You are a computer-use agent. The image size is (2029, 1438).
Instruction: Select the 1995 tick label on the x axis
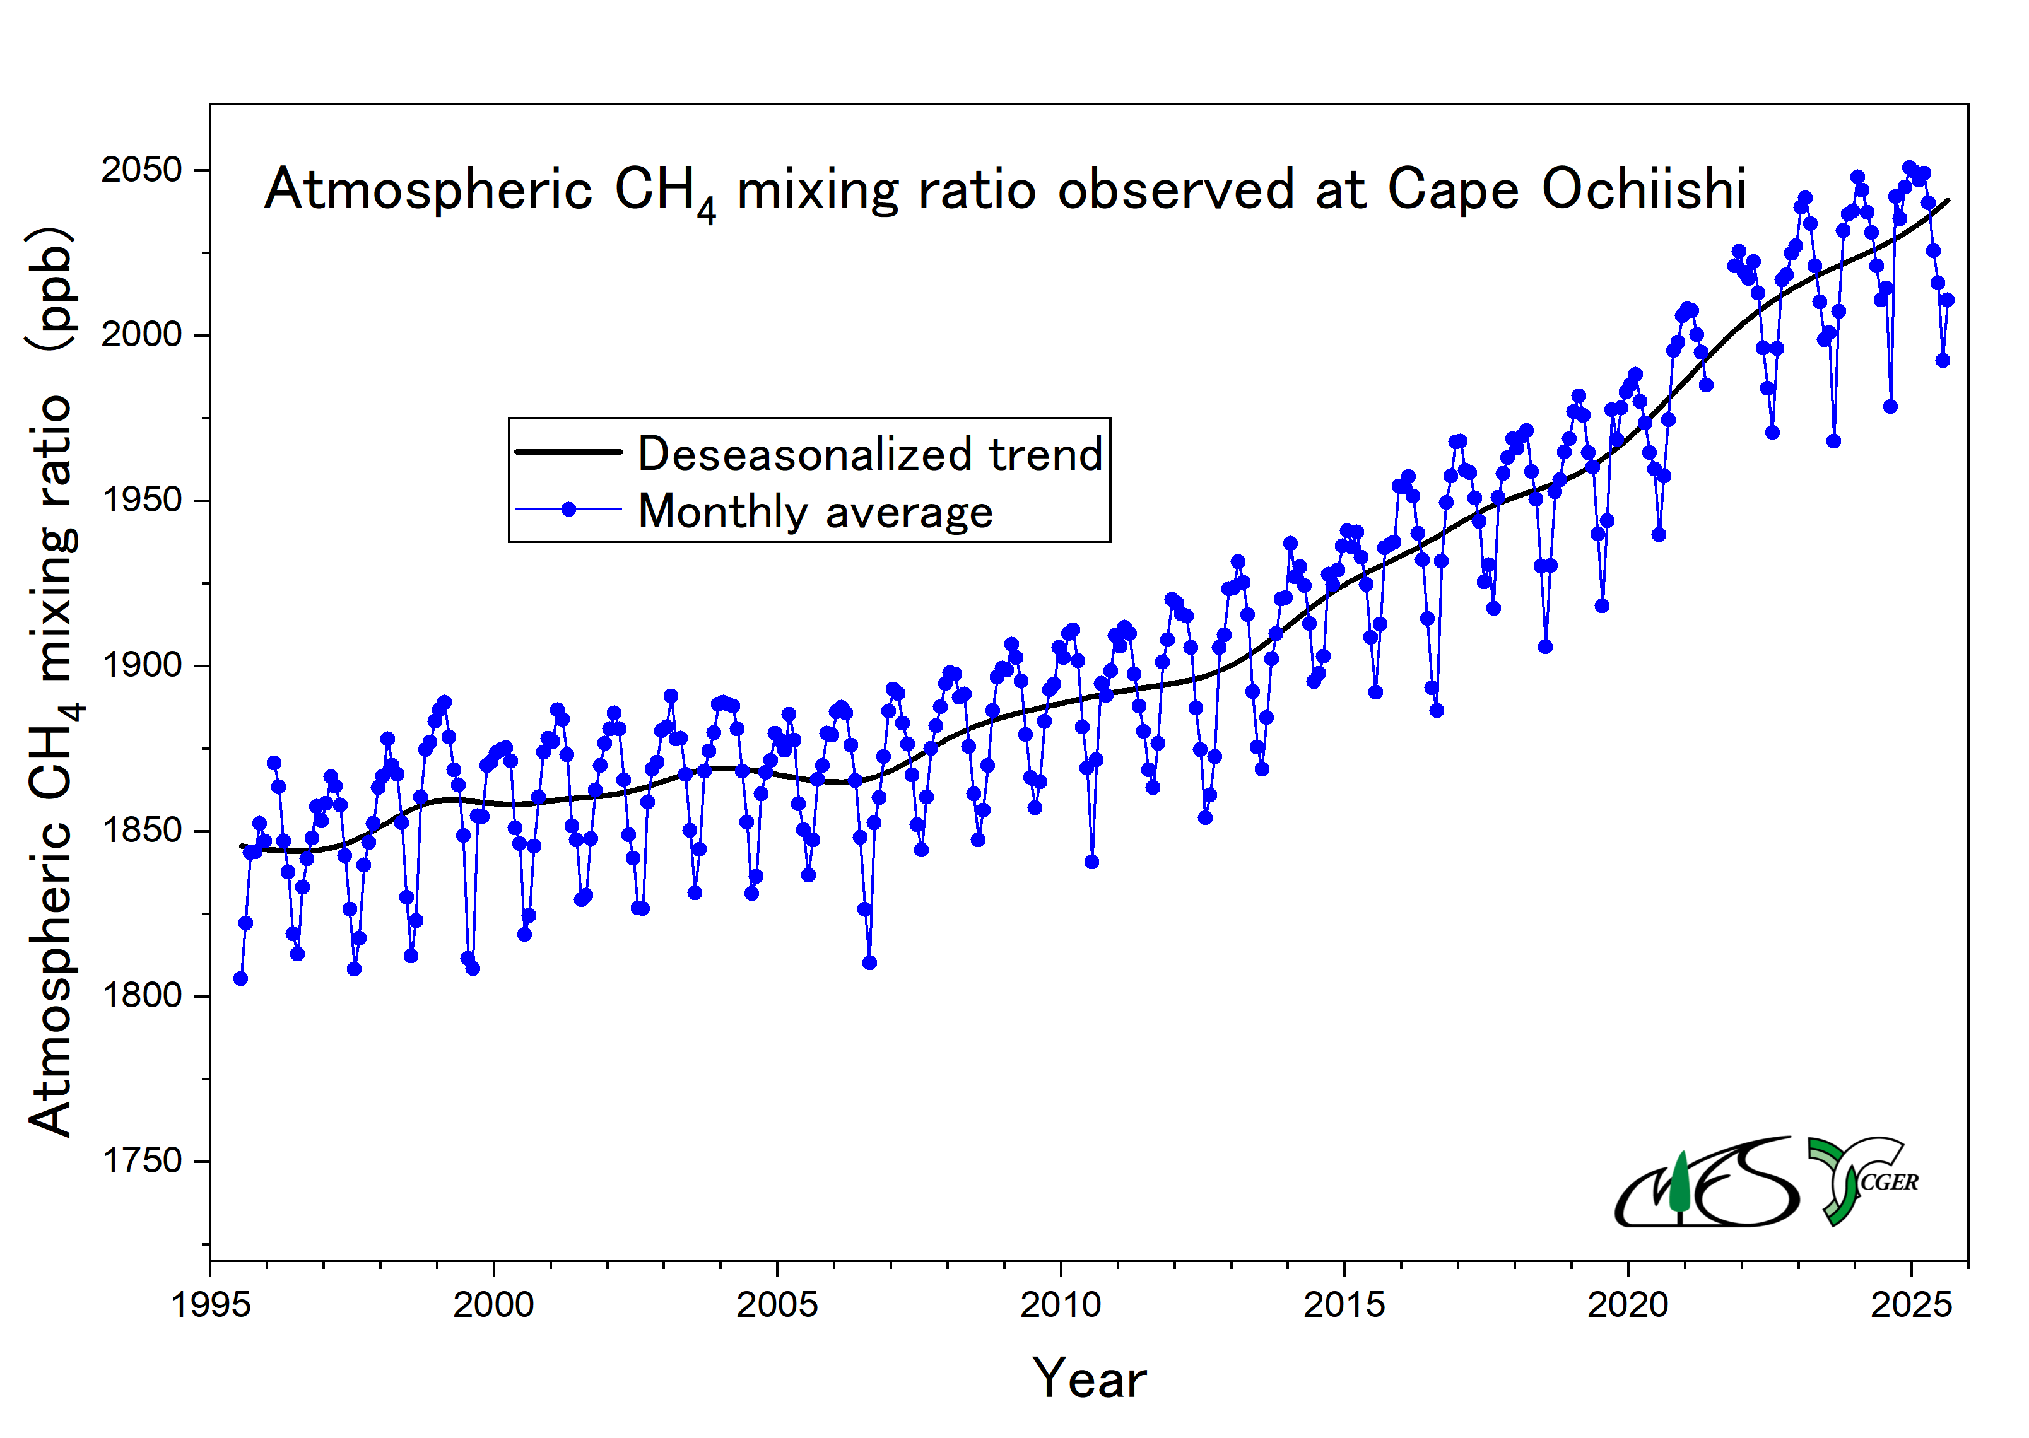[211, 1305]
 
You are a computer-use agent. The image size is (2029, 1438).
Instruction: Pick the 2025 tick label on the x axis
[1910, 1305]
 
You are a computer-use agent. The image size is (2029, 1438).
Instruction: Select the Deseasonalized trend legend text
[869, 453]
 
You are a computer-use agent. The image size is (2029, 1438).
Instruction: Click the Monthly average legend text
[815, 511]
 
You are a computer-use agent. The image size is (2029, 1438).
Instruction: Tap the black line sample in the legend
[568, 452]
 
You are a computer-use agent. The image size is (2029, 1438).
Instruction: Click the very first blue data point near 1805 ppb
[240, 978]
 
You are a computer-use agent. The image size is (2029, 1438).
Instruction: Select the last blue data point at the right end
[1946, 300]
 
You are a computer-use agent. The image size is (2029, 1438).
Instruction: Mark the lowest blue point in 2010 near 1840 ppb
[1091, 862]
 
